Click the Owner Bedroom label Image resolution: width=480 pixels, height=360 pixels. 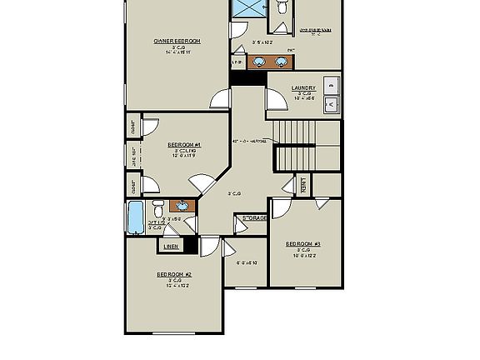(177, 41)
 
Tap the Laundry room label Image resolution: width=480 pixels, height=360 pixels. (303, 87)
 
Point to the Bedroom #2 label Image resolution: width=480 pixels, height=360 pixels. (175, 274)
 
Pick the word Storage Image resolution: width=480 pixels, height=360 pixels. (255, 218)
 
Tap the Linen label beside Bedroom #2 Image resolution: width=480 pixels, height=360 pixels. (171, 247)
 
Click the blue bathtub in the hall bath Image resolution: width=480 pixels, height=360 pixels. (136, 217)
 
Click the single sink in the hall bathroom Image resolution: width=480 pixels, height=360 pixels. (181, 205)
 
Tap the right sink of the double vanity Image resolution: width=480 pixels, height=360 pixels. (276, 62)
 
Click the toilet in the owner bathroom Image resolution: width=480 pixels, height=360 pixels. (282, 7)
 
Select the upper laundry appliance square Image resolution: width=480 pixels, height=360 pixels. (331, 84)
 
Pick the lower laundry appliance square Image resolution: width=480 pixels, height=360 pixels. (331, 104)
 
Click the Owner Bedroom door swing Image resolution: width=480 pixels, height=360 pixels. (219, 99)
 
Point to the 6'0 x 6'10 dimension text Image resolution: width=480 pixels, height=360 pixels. (247, 263)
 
